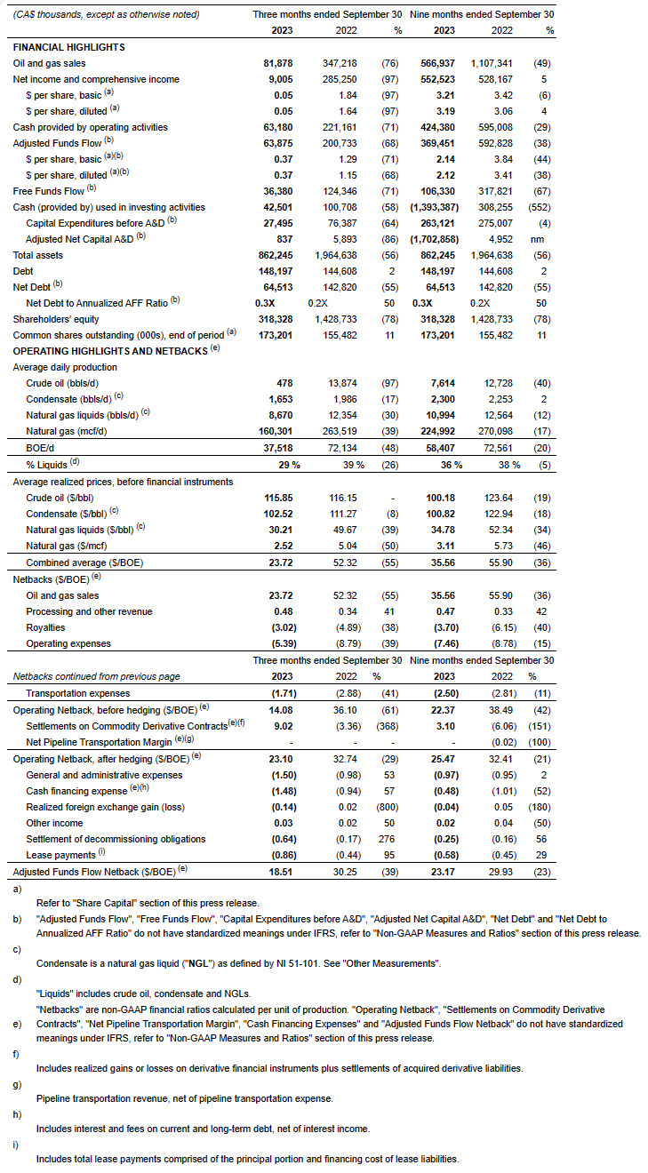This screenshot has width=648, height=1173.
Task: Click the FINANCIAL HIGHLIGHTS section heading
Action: point(68,47)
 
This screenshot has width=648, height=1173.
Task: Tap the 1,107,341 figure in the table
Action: point(495,63)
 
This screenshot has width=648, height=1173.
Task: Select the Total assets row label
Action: point(38,255)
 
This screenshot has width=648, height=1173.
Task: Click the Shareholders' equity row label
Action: point(56,319)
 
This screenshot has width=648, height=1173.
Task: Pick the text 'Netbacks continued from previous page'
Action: point(92,676)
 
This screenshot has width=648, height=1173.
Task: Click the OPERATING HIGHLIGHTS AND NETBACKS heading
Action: point(111,350)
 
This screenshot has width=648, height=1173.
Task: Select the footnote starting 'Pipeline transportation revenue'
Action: point(184,1098)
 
